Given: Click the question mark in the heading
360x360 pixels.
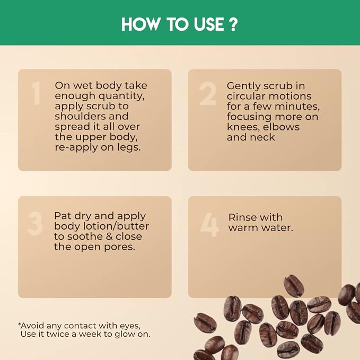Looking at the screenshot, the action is (x=233, y=24).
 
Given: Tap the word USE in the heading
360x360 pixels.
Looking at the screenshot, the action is (x=209, y=24).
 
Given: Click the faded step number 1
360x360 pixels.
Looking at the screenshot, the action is (x=36, y=93).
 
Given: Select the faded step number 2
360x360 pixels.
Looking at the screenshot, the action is (x=208, y=94).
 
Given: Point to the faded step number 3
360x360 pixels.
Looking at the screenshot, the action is (x=35, y=223).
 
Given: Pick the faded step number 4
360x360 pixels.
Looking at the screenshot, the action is (x=209, y=225).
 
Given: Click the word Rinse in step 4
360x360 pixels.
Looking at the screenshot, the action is (x=244, y=217).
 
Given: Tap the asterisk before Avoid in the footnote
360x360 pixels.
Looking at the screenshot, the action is (x=20, y=324).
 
